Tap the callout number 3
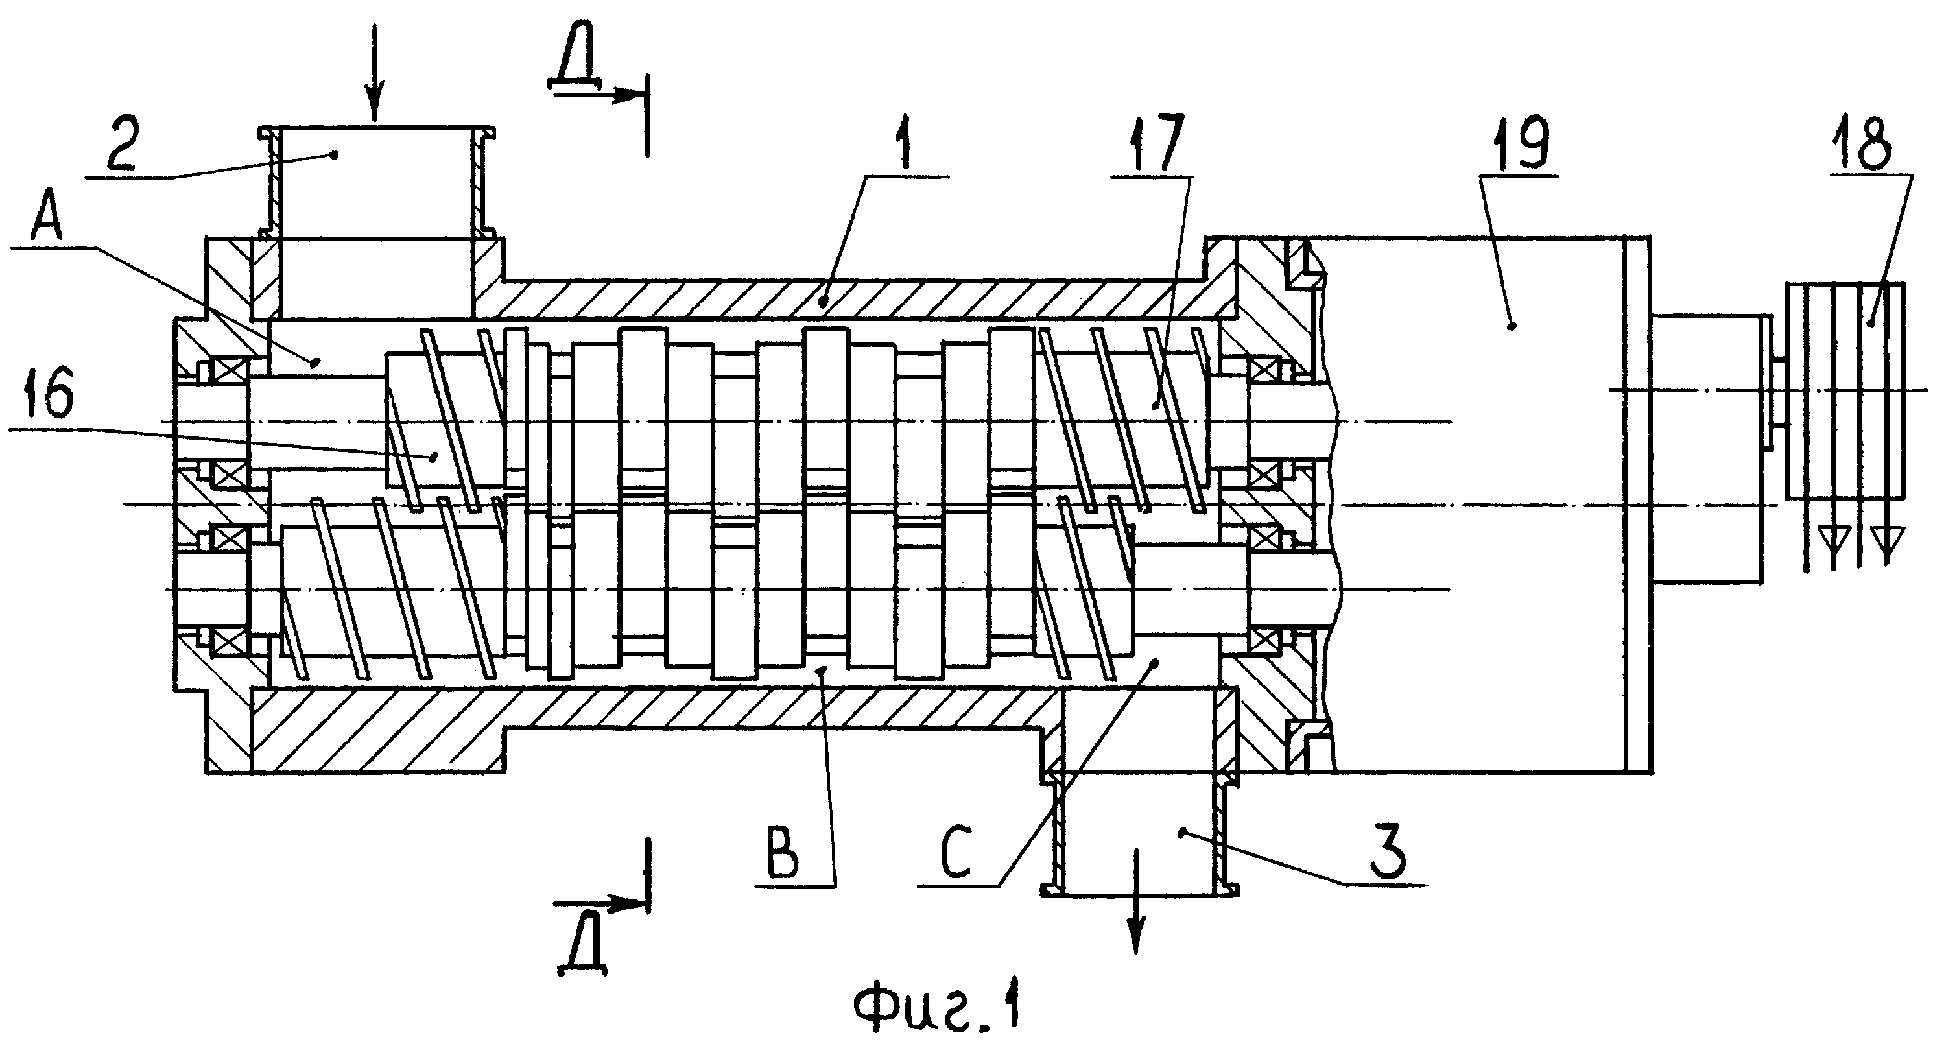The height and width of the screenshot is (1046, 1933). tap(1388, 855)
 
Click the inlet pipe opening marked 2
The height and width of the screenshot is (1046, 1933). tap(376, 184)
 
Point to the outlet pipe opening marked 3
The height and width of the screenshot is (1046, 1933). tap(1139, 833)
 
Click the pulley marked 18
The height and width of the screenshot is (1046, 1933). tap(1846, 390)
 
